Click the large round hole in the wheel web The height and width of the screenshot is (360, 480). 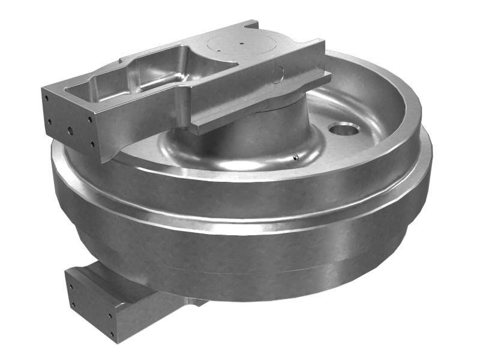(x=343, y=128)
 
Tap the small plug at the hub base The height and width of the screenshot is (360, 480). (x=295, y=157)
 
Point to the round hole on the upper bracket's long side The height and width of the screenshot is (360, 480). (x=277, y=74)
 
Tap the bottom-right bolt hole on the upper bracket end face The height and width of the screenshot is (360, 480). (x=92, y=144)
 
